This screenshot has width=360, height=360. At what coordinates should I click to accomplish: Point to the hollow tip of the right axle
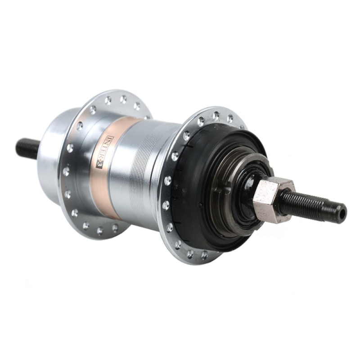[x=342, y=213]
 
